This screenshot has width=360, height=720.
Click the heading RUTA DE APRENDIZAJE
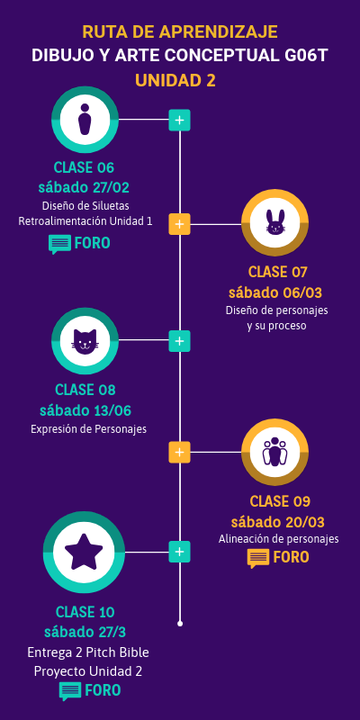(x=179, y=32)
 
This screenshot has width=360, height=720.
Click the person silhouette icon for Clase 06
(x=85, y=119)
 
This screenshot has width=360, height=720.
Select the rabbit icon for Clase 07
(x=274, y=224)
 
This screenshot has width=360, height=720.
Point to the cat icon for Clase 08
(x=85, y=341)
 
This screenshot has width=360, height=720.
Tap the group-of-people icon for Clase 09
(x=274, y=452)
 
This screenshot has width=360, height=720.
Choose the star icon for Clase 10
(x=84, y=552)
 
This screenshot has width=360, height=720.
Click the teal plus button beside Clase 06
(x=180, y=119)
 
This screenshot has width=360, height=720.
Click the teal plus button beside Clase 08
(x=180, y=341)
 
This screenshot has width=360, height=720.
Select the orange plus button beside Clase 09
(x=180, y=452)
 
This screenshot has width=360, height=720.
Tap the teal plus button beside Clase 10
(x=180, y=552)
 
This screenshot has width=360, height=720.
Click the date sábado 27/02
(x=84, y=187)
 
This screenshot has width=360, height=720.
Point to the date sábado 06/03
(x=275, y=292)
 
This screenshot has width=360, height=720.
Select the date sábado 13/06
(x=85, y=410)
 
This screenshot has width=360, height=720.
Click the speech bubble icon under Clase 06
(x=59, y=243)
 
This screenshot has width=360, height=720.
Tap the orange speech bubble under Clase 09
(x=258, y=558)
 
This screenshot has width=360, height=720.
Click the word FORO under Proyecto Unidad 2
(x=103, y=690)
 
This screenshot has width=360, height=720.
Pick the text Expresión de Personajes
(x=88, y=428)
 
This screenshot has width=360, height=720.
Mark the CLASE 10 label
(x=85, y=612)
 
